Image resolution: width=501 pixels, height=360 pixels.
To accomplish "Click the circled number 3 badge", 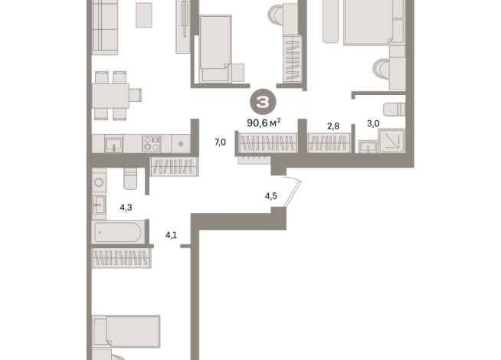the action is click(263, 102).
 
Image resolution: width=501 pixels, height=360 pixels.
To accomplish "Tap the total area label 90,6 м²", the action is click(264, 123).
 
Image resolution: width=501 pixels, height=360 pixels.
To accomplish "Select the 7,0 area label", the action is click(220, 142).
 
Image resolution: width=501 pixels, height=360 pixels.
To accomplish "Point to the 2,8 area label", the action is click(333, 126).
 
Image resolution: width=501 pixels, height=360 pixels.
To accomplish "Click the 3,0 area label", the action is click(373, 123).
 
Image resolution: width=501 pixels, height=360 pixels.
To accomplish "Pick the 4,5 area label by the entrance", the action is click(270, 196).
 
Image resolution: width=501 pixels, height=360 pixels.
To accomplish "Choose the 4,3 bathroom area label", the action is click(126, 208).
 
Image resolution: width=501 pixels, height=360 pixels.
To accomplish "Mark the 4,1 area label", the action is click(171, 235).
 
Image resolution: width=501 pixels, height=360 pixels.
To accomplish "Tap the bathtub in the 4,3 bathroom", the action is click(118, 232).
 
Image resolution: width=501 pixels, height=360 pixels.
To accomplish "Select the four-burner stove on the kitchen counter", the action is click(152, 143).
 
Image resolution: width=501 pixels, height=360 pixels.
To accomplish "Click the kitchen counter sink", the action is click(113, 144).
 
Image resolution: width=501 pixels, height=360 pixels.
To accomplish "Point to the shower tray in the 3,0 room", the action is click(391, 140).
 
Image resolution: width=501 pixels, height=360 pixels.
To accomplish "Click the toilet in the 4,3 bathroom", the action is click(130, 178).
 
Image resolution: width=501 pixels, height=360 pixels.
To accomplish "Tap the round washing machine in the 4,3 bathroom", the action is click(99, 182).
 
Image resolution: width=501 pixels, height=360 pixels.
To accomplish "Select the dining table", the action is click(110, 96).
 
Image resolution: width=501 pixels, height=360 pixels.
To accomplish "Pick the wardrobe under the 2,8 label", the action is click(329, 142).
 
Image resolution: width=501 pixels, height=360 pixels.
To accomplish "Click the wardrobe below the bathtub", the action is click(121, 258).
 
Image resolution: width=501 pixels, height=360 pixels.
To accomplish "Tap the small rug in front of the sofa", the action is click(144, 15).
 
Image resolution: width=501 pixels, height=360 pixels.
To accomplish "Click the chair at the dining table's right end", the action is click(135, 95).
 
